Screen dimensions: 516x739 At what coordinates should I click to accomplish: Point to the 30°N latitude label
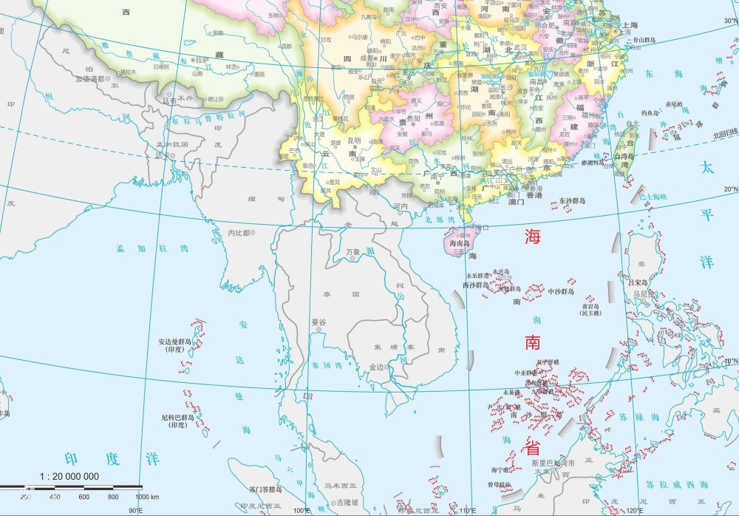pos(729,21)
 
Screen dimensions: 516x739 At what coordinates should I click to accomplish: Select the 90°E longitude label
pos(135,510)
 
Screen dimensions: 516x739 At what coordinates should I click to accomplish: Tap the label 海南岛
pos(460,242)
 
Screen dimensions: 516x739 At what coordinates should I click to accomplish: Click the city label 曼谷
pos(319,322)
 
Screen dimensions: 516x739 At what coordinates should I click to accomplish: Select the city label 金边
pos(376,367)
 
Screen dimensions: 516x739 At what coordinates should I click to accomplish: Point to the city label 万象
pos(353,252)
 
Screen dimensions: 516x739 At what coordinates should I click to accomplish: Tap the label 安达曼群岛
pos(174,342)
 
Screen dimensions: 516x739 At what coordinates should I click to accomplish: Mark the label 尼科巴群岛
pos(177,418)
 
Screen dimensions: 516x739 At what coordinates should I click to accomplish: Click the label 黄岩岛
pos(590,306)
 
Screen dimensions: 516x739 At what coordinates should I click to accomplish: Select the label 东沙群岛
pos(571,200)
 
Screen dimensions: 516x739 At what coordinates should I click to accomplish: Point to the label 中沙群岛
pos(567,291)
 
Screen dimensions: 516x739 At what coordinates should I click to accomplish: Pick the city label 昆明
pos(354,140)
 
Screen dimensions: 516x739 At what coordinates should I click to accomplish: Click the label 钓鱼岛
pos(650,113)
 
